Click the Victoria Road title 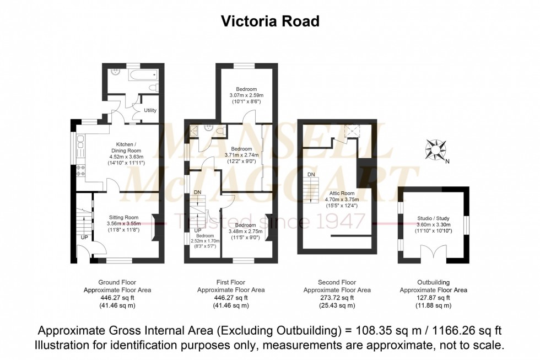coord(270,22)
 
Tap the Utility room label coord(150,110)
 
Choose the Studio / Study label coord(433,218)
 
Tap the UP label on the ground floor coord(84,237)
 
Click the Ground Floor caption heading coord(117,282)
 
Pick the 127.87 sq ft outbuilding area coord(433,298)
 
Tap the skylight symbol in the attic coord(349,131)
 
